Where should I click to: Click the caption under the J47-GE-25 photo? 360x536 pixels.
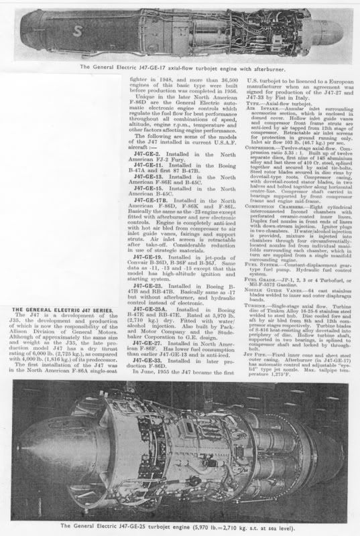point(180,525)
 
